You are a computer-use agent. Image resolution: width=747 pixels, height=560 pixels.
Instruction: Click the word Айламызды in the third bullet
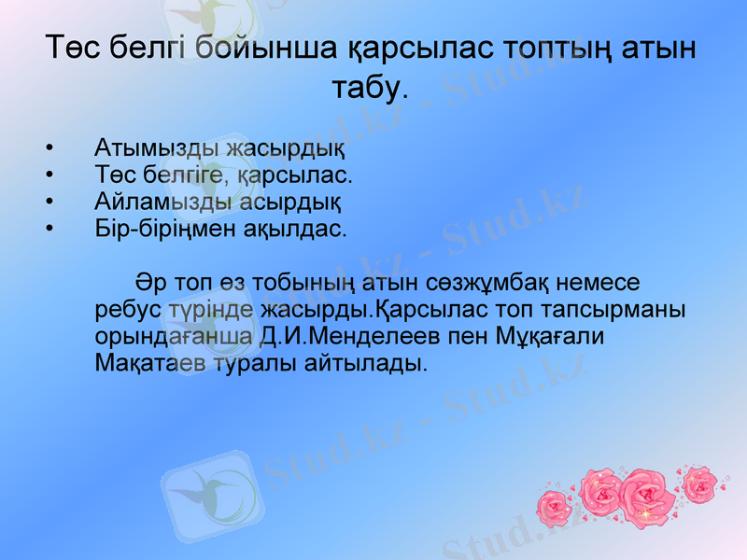(151, 201)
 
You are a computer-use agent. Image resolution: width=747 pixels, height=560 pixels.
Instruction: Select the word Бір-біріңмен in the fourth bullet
(171, 228)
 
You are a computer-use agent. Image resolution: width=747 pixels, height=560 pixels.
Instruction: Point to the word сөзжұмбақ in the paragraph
(504, 282)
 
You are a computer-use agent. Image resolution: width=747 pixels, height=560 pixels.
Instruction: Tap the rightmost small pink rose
(698, 483)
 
